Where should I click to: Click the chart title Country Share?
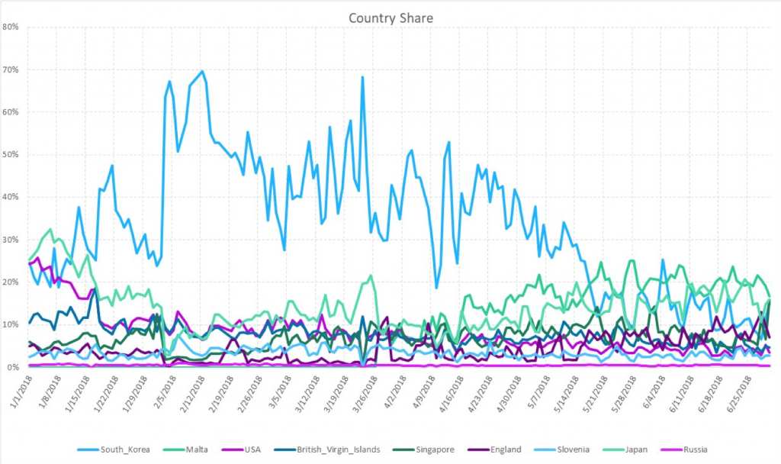pos(390,17)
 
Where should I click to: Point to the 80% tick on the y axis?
pos(11,27)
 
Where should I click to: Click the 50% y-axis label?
pos(11,154)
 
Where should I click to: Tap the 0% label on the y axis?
pos(13,367)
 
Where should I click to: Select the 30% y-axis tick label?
pos(11,240)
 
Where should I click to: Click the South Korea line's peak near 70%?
pos(201,71)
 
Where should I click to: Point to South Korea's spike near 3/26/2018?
pos(362,77)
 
